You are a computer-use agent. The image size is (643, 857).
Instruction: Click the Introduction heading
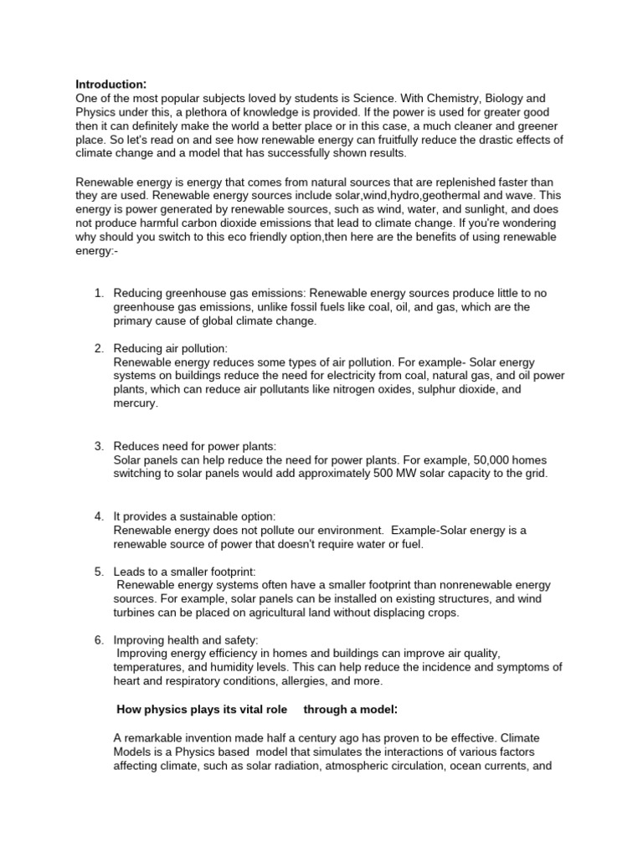(111, 84)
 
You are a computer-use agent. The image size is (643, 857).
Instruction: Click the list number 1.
(98, 294)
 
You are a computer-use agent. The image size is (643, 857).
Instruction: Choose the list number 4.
(98, 516)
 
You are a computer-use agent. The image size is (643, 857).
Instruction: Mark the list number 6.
(98, 640)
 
